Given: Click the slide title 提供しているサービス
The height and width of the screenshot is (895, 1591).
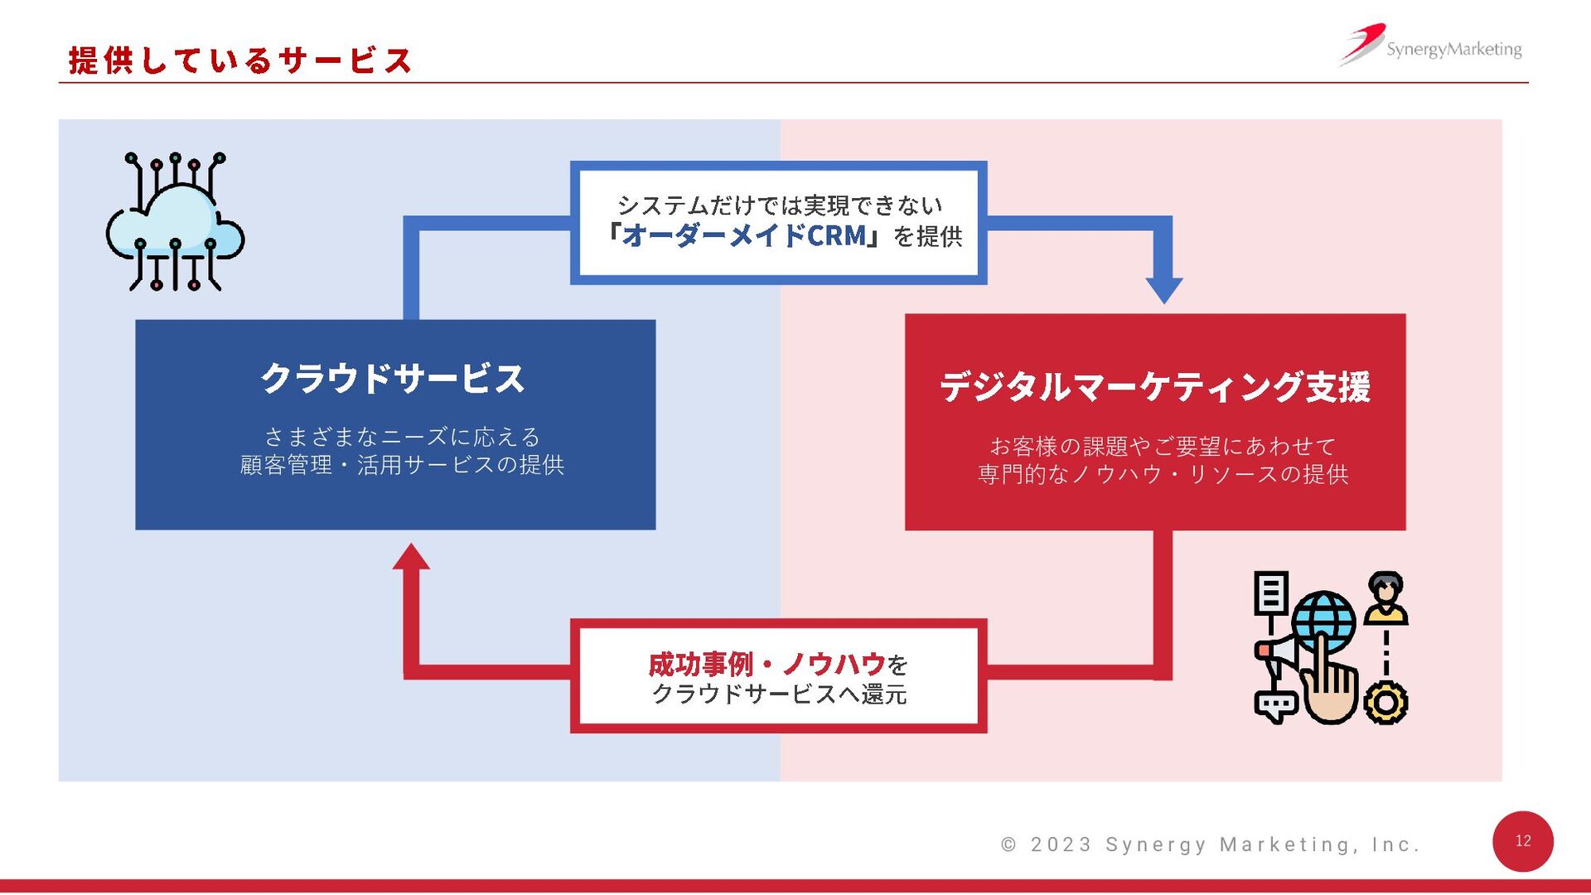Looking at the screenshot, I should [x=239, y=60].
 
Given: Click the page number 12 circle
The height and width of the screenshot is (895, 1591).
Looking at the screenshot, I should [x=1522, y=841].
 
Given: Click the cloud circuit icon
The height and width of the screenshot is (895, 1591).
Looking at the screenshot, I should [x=175, y=222].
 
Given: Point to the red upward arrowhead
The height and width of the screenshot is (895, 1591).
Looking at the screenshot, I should [x=411, y=558].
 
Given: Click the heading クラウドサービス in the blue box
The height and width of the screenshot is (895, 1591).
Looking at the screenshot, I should [x=393, y=379].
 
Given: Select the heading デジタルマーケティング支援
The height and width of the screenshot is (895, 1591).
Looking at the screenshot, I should [x=1154, y=387].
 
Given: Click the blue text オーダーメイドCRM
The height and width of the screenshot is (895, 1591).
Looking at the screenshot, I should [x=743, y=236].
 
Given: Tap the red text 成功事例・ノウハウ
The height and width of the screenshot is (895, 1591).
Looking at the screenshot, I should [x=766, y=664].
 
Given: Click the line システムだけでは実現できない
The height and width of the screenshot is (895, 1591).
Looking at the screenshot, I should [x=779, y=205].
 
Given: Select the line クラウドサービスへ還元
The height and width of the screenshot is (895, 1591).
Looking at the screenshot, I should [x=779, y=694].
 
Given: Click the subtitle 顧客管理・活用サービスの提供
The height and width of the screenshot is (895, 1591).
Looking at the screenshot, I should [x=402, y=465].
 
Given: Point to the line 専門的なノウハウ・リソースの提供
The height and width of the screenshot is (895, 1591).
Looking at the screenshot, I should [x=1163, y=474].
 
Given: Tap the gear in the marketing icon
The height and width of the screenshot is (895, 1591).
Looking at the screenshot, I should [x=1385, y=703].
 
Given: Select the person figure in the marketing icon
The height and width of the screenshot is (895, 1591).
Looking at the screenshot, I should [x=1385, y=597].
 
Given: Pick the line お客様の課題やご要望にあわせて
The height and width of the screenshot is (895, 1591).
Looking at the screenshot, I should [x=1163, y=447].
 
